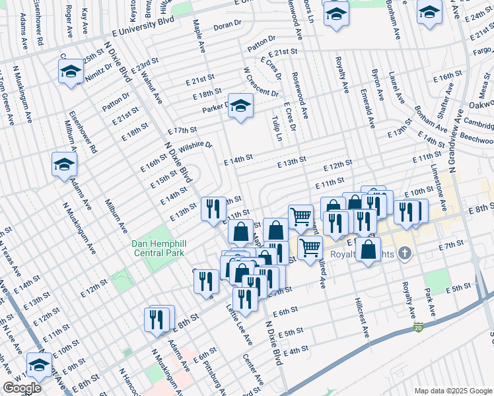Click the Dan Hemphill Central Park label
point(159,247)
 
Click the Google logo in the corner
point(22,388)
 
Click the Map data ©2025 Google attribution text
point(452,390)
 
